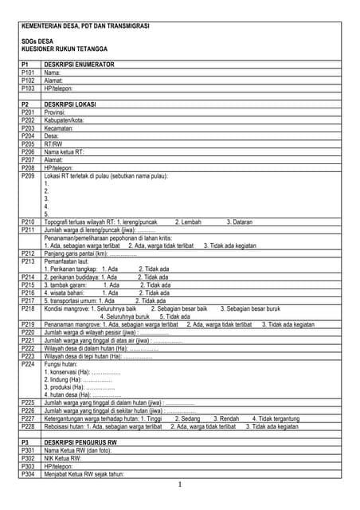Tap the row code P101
pos(29,73)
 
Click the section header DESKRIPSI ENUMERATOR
pos(80,64)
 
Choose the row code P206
pos(29,151)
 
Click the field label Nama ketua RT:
pos(65,151)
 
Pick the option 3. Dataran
pos(240,222)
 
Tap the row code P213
pos(29,261)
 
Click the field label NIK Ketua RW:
pos(65,458)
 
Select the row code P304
pos(29,474)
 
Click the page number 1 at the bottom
pos(181,484)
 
